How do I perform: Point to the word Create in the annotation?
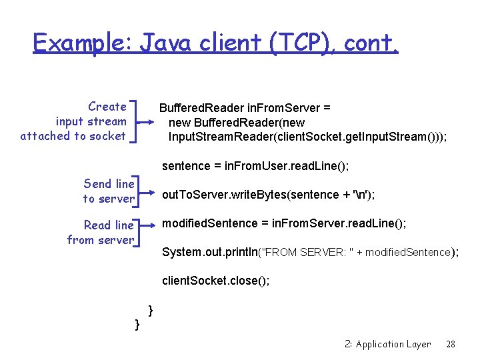[x=107, y=107]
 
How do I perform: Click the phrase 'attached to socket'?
[x=73, y=136]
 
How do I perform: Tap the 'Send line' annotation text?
[x=109, y=183]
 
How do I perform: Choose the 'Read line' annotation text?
[x=109, y=225]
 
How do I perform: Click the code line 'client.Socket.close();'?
[x=216, y=281]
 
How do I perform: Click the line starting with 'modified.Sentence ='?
[x=283, y=223]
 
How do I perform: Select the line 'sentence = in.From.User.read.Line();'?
[x=255, y=165]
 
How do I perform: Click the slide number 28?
[x=451, y=345]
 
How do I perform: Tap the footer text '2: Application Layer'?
[x=388, y=345]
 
